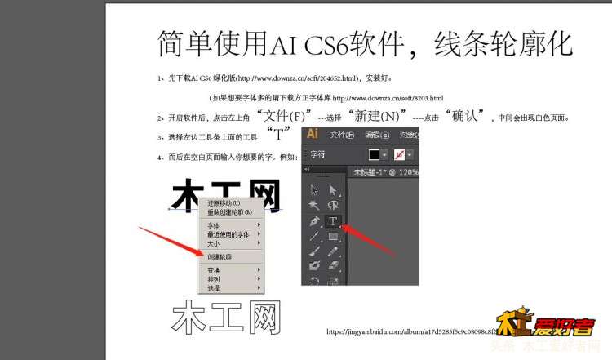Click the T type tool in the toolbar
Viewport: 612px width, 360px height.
(x=333, y=221)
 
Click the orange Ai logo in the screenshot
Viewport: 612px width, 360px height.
(x=312, y=134)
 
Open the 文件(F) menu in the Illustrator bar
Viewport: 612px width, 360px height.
(x=342, y=135)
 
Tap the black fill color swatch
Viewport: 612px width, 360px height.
(x=375, y=154)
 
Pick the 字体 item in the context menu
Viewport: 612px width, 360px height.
(x=213, y=225)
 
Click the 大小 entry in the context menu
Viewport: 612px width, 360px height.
(x=213, y=243)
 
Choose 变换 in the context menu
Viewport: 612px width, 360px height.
(x=213, y=269)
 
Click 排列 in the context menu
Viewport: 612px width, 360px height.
(x=213, y=278)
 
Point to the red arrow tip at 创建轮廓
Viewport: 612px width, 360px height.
(x=199, y=255)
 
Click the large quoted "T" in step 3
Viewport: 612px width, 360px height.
(x=279, y=134)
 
